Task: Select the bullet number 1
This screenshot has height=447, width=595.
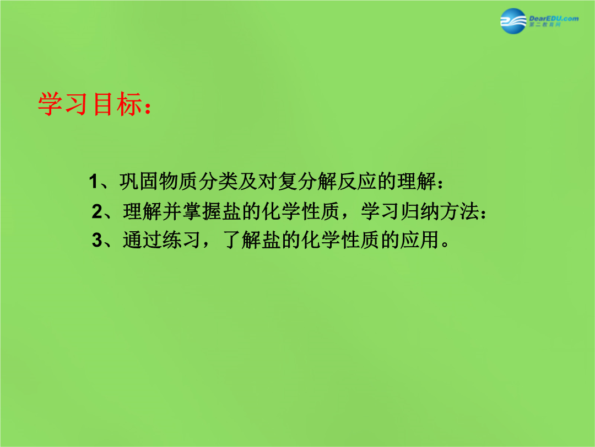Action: pos(93,182)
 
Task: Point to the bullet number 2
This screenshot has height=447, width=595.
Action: pos(97,211)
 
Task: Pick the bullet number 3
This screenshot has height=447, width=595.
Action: pos(97,240)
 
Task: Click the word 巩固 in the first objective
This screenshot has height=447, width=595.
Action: pos(139,182)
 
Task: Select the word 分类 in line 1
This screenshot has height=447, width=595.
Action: pos(218,182)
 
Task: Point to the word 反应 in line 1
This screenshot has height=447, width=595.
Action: pos(356,182)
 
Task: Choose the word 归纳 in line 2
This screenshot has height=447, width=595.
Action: pos(420,211)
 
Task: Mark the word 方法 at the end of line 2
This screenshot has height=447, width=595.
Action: pos(459,211)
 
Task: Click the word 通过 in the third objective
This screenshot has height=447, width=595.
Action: pos(143,240)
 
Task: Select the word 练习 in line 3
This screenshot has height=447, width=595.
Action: pos(182,240)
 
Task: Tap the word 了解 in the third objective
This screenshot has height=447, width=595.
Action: pos(242,240)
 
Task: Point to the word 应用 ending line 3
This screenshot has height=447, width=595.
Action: pos(420,240)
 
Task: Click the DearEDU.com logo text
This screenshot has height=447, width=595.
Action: pos(554,18)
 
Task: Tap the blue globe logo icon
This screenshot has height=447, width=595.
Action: pos(513,21)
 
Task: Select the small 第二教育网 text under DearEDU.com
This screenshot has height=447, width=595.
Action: pos(545,25)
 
